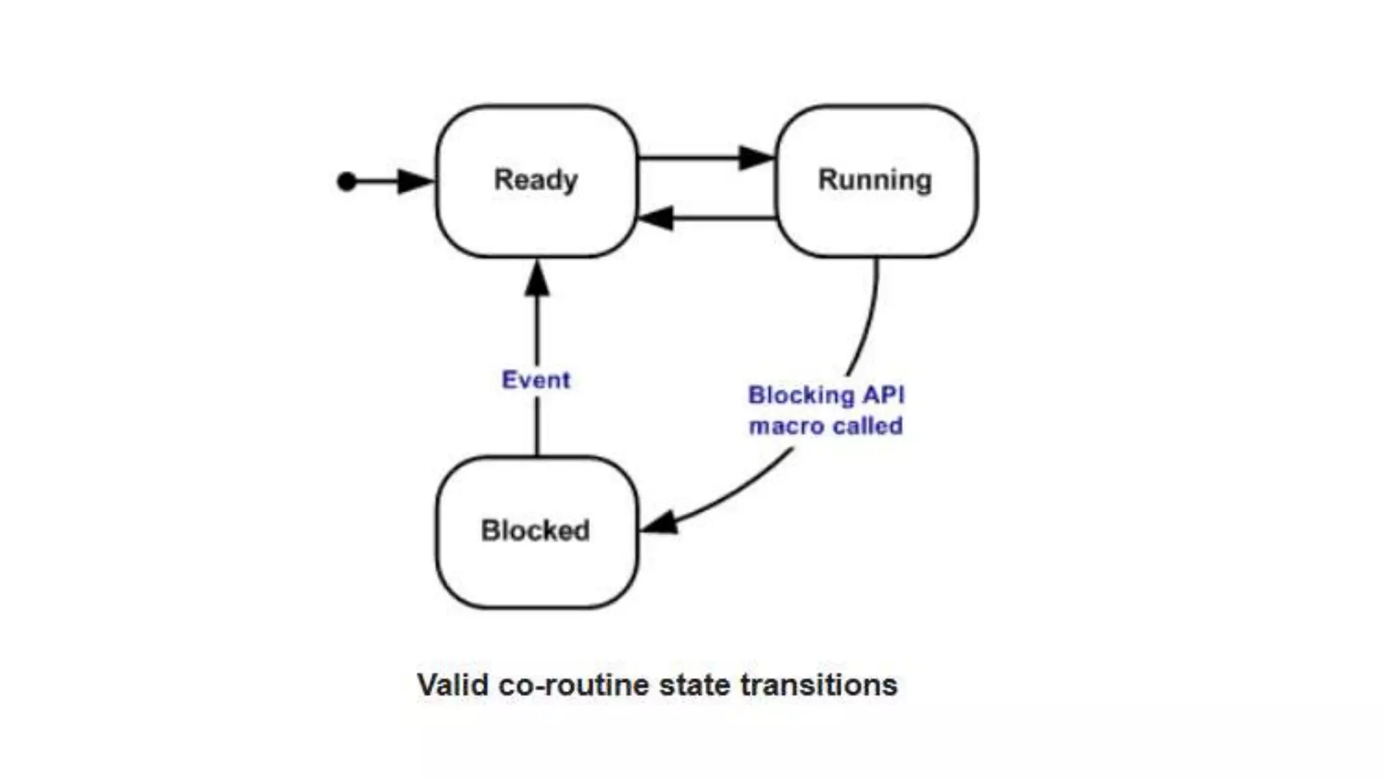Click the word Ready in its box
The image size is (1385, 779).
[x=536, y=180]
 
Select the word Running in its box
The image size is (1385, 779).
[x=875, y=180]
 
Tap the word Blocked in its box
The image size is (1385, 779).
[x=535, y=531]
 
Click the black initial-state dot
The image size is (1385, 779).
[x=346, y=181]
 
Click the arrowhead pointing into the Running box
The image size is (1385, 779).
[x=756, y=158]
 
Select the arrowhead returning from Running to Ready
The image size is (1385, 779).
[x=656, y=218]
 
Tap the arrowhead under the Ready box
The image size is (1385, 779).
[x=537, y=279]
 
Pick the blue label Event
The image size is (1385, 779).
[x=536, y=380]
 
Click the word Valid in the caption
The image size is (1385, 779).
[x=452, y=685]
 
